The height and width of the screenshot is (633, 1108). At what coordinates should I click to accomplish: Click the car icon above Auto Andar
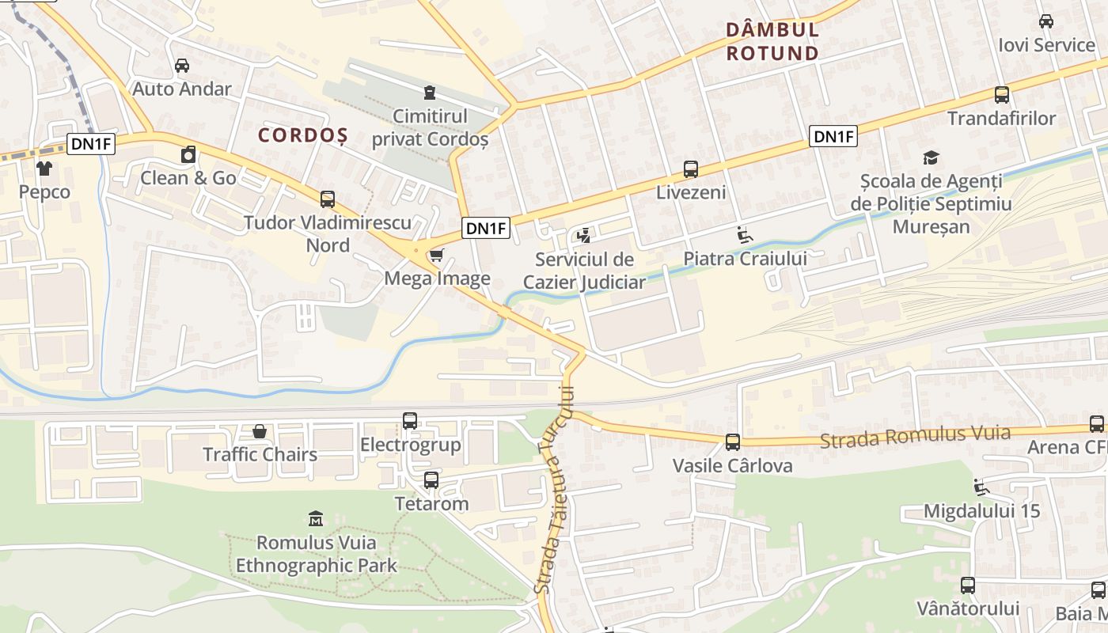tap(181, 65)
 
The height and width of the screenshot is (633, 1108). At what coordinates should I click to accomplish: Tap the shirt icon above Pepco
tap(44, 168)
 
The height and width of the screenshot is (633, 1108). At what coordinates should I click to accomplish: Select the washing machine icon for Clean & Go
tap(188, 154)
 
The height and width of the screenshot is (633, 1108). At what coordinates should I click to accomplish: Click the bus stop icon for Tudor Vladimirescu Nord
tap(328, 199)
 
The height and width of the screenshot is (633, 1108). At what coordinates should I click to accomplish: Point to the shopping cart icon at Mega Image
tap(436, 255)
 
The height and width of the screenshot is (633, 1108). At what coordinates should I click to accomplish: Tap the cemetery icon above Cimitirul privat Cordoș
tap(429, 93)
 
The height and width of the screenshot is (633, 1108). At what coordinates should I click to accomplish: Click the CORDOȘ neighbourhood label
tap(303, 135)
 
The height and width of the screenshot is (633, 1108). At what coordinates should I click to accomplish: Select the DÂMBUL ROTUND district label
tap(772, 42)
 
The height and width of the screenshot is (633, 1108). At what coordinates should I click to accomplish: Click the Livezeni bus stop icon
tap(691, 169)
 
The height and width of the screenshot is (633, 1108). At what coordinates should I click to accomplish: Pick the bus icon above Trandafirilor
tap(1002, 95)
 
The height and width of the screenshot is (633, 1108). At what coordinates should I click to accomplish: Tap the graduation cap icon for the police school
tap(931, 157)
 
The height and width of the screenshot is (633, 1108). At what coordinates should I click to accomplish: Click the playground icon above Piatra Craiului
tap(745, 235)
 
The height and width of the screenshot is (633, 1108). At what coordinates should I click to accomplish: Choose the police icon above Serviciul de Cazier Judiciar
tap(584, 235)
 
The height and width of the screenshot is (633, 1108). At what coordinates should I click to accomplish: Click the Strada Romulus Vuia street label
tap(915, 436)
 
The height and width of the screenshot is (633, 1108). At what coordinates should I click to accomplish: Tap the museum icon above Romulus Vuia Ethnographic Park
tap(316, 519)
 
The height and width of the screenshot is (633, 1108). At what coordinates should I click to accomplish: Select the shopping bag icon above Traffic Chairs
tap(260, 431)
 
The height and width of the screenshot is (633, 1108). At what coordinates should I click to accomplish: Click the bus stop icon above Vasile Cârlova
tap(733, 442)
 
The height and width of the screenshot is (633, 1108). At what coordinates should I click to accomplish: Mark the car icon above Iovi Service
tap(1046, 21)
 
